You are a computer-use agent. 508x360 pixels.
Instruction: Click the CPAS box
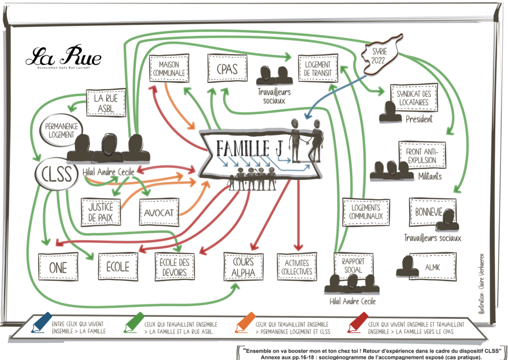(x=227, y=69)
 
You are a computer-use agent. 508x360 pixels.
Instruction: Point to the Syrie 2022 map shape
(x=381, y=56)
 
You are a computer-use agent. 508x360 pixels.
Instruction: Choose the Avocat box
(x=158, y=212)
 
